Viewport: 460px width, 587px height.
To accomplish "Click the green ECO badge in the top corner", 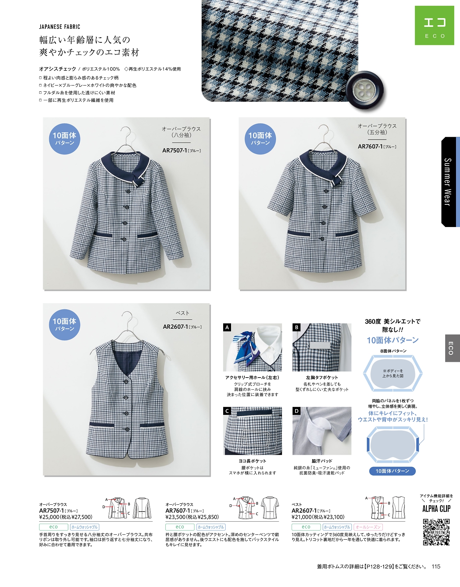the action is (x=434, y=26).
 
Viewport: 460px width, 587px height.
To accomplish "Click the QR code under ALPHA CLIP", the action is (x=436, y=532).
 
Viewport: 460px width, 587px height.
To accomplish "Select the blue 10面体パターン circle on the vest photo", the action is (x=65, y=325).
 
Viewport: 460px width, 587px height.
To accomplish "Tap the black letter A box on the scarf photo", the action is (x=227, y=327).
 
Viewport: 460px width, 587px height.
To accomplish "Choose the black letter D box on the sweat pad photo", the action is (x=296, y=411).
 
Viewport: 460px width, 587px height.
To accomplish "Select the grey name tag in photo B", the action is (x=319, y=346).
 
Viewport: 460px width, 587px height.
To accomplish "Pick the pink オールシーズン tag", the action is (x=368, y=527).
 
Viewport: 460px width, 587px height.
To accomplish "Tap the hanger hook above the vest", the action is (x=127, y=316).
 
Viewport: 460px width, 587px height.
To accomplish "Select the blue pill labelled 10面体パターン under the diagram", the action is (x=392, y=471).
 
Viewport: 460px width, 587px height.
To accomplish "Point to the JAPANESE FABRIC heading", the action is (x=60, y=27).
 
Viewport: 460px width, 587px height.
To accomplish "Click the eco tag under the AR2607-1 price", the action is (x=306, y=527).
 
